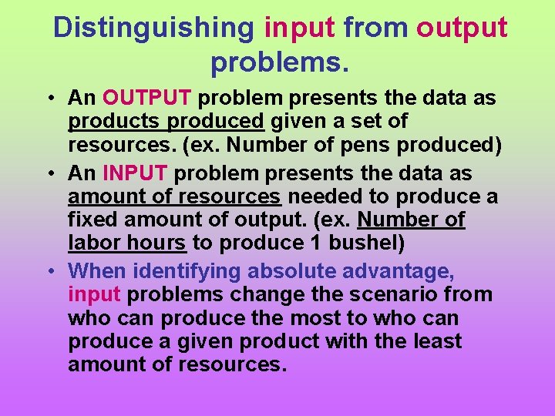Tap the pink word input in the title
click(300, 28)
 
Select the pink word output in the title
click(462, 28)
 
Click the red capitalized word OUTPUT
click(146, 98)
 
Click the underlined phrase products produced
click(166, 121)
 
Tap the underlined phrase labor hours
click(127, 243)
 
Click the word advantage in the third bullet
click(405, 271)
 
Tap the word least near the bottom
click(432, 341)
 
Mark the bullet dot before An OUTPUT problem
click(49, 99)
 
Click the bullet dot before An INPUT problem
click(49, 174)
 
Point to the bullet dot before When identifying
click(49, 272)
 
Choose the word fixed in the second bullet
click(89, 220)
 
